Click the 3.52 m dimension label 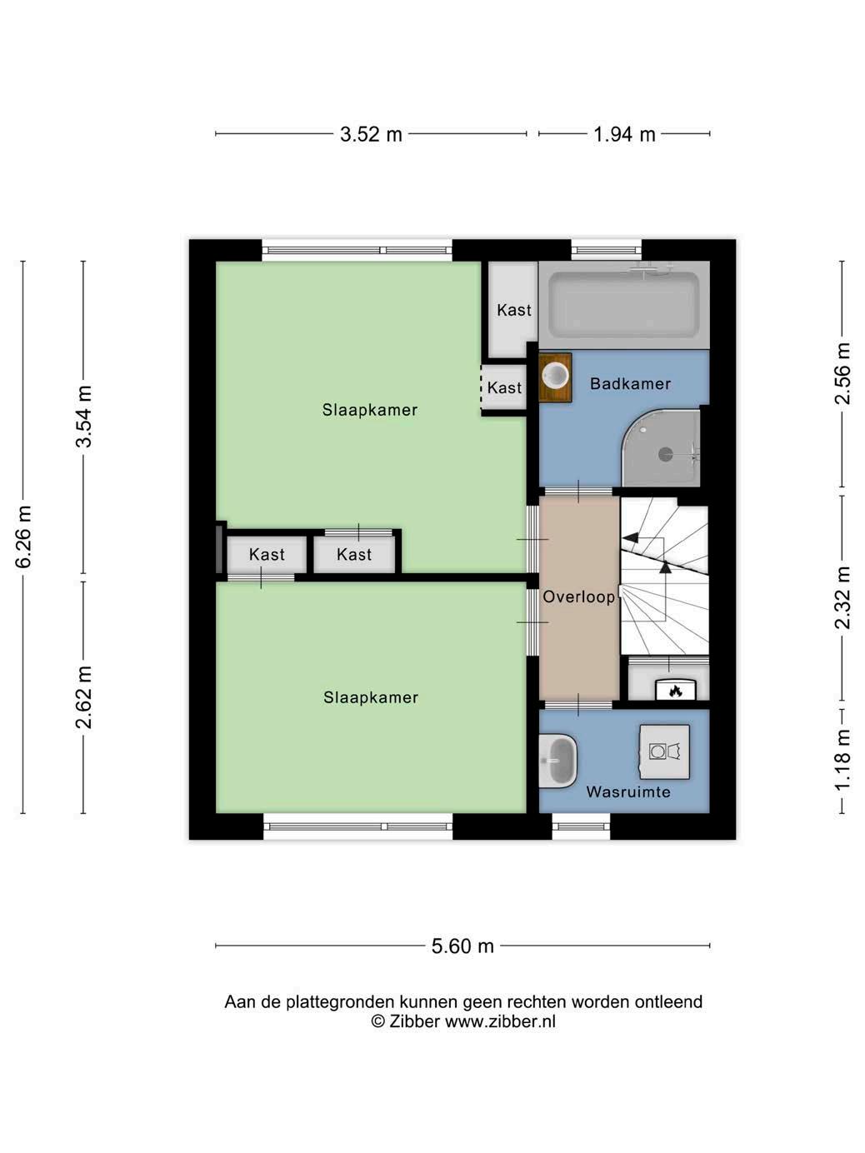click(371, 134)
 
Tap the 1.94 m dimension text click(624, 134)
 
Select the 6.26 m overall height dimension click(24, 537)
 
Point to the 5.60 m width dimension click(462, 946)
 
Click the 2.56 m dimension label click(842, 373)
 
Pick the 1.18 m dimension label click(842, 760)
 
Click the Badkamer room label click(630, 383)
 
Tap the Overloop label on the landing click(579, 596)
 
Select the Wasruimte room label click(628, 791)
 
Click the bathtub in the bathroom click(624, 306)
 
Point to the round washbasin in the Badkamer click(556, 376)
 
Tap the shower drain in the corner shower click(666, 454)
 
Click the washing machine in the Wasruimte click(664, 751)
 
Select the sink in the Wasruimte click(558, 761)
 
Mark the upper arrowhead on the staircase click(630, 537)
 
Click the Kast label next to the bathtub click(514, 310)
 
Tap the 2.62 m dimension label click(84, 697)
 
